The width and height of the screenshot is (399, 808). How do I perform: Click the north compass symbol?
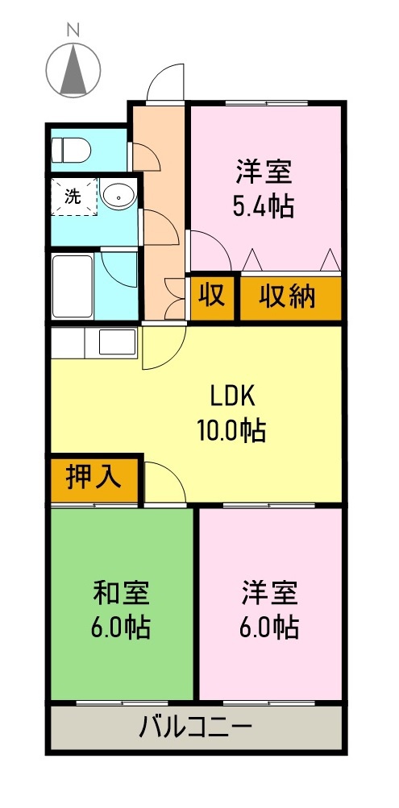73,69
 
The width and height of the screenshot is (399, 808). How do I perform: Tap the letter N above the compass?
73,30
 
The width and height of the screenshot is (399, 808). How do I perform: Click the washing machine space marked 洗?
73,197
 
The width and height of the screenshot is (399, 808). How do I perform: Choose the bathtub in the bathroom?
73,287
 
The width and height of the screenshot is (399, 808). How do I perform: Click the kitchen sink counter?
94,343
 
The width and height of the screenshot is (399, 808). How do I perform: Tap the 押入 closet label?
94,478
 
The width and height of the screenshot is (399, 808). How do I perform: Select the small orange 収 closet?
212,296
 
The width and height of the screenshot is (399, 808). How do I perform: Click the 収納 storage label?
288,297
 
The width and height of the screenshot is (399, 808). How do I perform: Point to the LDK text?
232,396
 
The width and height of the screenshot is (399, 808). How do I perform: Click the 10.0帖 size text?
232,430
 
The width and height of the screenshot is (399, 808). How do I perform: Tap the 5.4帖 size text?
263,207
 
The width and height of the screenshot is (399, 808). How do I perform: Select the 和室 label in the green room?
122,593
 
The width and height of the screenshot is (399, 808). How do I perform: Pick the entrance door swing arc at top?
168,83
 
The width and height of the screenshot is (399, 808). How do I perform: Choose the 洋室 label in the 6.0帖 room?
270,593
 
